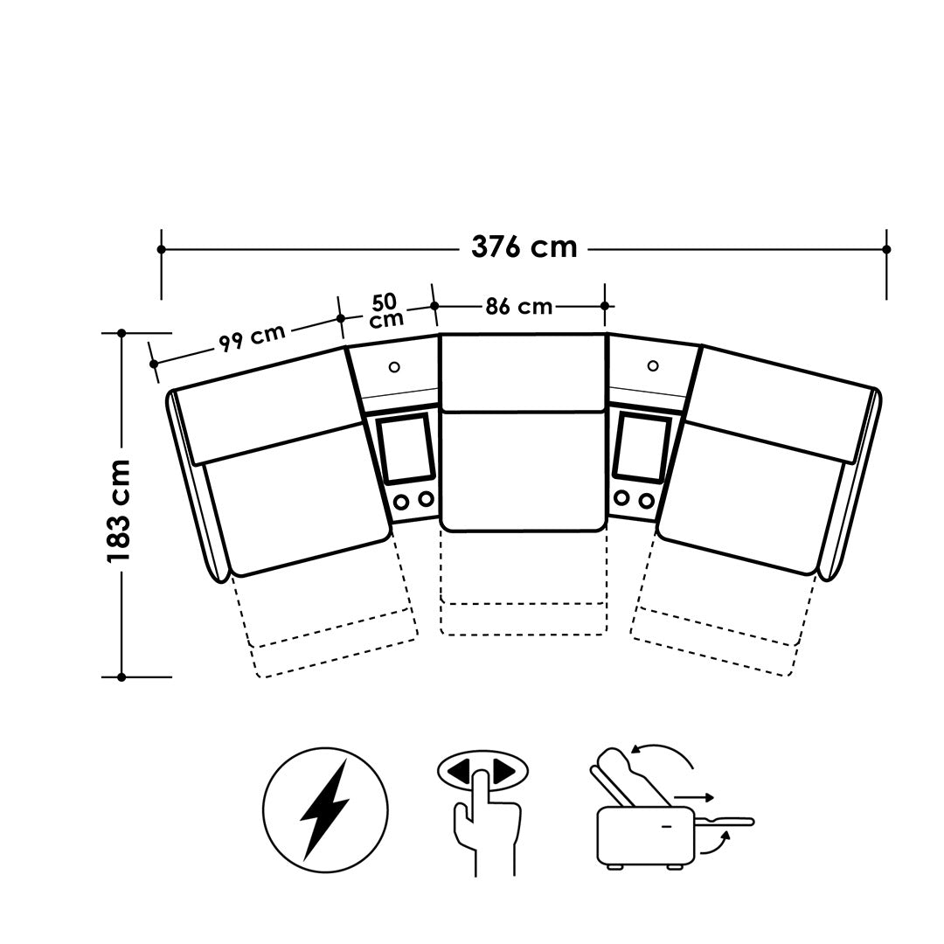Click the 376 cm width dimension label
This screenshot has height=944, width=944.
pyautogui.click(x=524, y=246)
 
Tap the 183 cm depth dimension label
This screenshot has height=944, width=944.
pyautogui.click(x=119, y=510)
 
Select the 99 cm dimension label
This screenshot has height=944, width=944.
pyautogui.click(x=252, y=337)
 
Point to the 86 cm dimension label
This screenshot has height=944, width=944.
pyautogui.click(x=519, y=307)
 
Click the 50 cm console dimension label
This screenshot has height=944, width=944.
pyautogui.click(x=386, y=310)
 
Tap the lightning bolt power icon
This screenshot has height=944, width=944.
pyautogui.click(x=325, y=809)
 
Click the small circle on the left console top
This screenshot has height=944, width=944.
pyautogui.click(x=394, y=366)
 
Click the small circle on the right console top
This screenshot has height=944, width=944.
pyautogui.click(x=653, y=365)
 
